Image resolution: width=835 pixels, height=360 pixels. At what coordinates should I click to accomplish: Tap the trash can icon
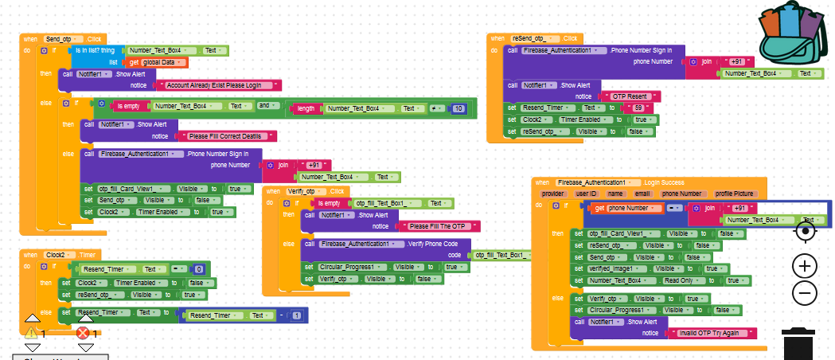[798, 344]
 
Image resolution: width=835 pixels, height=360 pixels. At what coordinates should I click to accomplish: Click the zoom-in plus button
[805, 266]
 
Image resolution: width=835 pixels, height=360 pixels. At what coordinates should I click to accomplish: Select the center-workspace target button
[805, 231]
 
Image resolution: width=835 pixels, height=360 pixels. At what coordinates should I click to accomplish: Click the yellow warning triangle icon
[32, 332]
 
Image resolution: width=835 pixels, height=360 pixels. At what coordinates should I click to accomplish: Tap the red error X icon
[83, 332]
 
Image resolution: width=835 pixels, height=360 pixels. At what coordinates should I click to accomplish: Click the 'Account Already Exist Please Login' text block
[219, 85]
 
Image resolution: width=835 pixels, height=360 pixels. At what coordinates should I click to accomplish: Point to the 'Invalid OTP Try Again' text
[711, 333]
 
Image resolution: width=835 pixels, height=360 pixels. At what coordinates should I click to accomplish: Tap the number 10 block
[458, 108]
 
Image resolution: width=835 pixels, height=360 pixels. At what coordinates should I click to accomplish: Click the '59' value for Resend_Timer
[635, 108]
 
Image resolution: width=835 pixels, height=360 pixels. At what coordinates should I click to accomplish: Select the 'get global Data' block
[158, 62]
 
